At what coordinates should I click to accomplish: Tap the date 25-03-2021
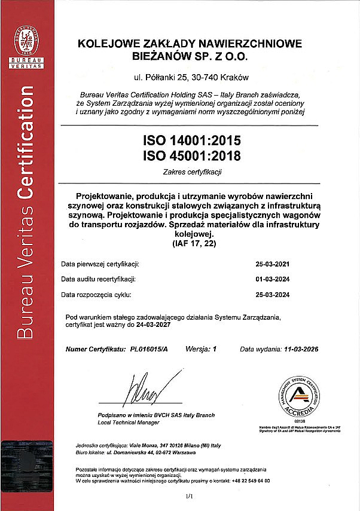coord(272,263)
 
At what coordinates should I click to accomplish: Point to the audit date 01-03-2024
coord(272,279)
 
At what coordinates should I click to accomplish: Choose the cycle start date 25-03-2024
coord(272,295)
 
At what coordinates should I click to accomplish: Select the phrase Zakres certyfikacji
coord(191,172)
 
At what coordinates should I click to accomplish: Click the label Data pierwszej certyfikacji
coord(100,263)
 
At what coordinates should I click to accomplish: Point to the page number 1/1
coord(191,496)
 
